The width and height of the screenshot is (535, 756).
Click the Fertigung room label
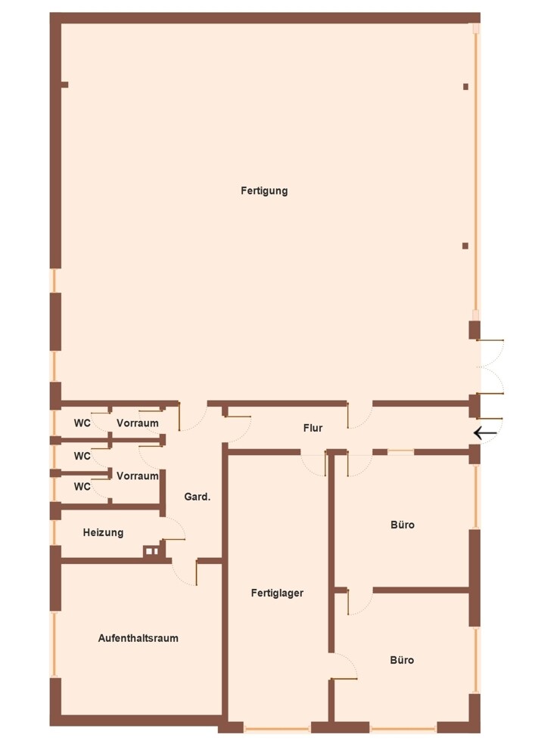click(x=264, y=191)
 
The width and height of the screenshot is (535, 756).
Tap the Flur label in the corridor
click(x=313, y=428)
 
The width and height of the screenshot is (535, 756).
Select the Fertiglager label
click(x=277, y=593)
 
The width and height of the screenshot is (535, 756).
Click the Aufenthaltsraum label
click(x=138, y=638)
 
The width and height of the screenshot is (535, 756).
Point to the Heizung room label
click(x=103, y=533)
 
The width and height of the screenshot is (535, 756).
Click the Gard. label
click(x=198, y=497)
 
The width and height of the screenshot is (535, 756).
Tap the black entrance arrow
click(x=485, y=433)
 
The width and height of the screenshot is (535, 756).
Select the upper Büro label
click(x=403, y=525)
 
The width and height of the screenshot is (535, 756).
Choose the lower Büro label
click(x=402, y=660)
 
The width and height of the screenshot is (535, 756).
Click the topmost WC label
click(x=82, y=423)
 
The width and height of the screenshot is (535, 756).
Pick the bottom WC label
click(x=82, y=486)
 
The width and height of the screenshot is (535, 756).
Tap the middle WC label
click(x=82, y=456)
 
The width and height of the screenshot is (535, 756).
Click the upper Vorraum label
click(x=138, y=423)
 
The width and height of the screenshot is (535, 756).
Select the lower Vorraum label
click(x=138, y=476)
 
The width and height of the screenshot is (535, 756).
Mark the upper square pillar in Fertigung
click(x=465, y=87)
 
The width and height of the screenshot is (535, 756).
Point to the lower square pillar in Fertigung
click(x=465, y=246)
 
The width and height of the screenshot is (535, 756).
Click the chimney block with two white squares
click(x=152, y=551)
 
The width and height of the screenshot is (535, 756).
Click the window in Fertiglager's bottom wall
click(x=277, y=729)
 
